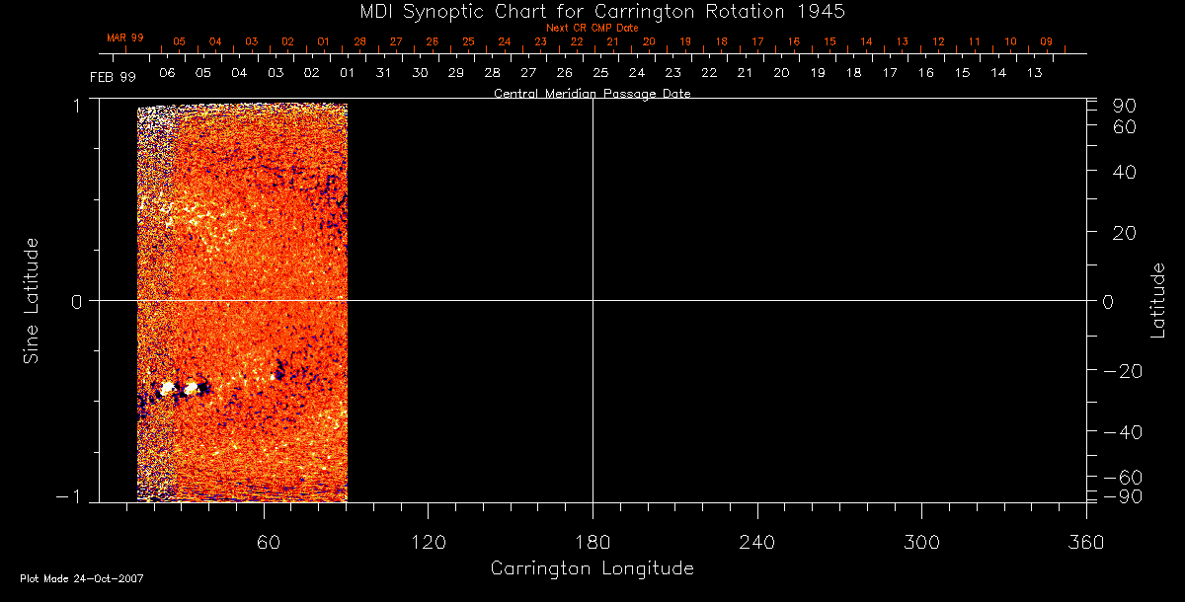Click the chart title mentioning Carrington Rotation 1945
click(592, 11)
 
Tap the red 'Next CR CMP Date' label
click(592, 28)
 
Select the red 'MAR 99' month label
click(125, 38)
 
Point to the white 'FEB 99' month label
click(113, 76)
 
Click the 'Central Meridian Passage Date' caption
click(592, 94)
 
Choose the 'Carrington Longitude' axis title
click(592, 568)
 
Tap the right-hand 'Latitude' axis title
click(1157, 300)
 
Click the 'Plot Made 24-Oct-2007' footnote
click(82, 578)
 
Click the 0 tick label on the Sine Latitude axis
click(74, 300)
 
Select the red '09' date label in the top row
click(1047, 42)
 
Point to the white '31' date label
click(383, 73)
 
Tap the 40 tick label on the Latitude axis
click(1124, 171)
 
